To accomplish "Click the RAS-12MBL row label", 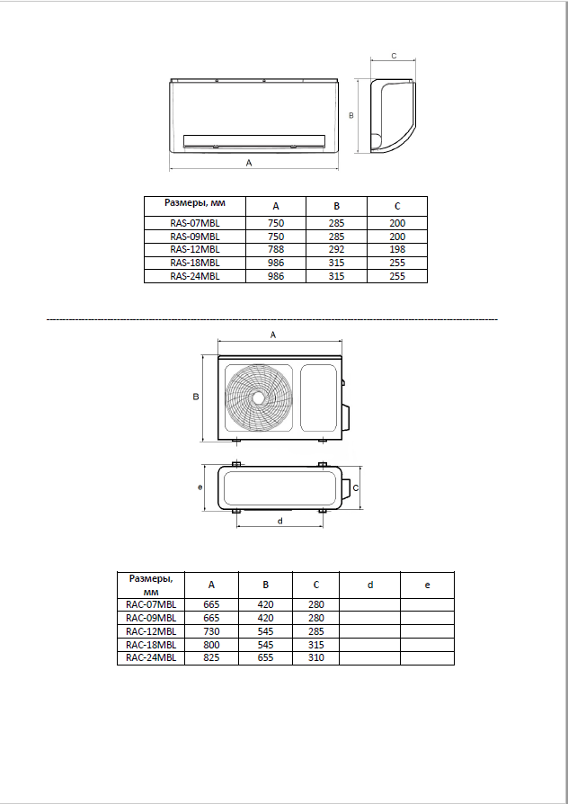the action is pos(195,250).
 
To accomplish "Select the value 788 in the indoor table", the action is pos(276,250).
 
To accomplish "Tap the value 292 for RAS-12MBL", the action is pos(336,250).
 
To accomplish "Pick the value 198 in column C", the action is pos(397,250).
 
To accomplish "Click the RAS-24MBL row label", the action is pos(195,276).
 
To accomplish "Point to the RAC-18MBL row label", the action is pos(151,645).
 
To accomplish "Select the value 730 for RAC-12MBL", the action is pos(211,631).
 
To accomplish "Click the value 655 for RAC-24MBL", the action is pos(265,658).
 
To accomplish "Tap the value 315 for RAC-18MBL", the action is pos(316,645).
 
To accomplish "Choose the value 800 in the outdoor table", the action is pos(211,645).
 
